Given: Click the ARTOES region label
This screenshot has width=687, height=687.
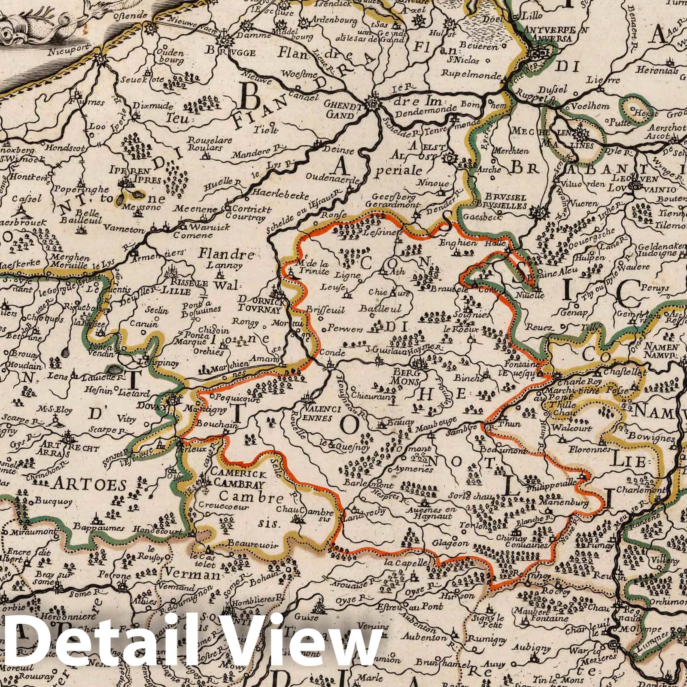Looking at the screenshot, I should coord(90,485).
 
